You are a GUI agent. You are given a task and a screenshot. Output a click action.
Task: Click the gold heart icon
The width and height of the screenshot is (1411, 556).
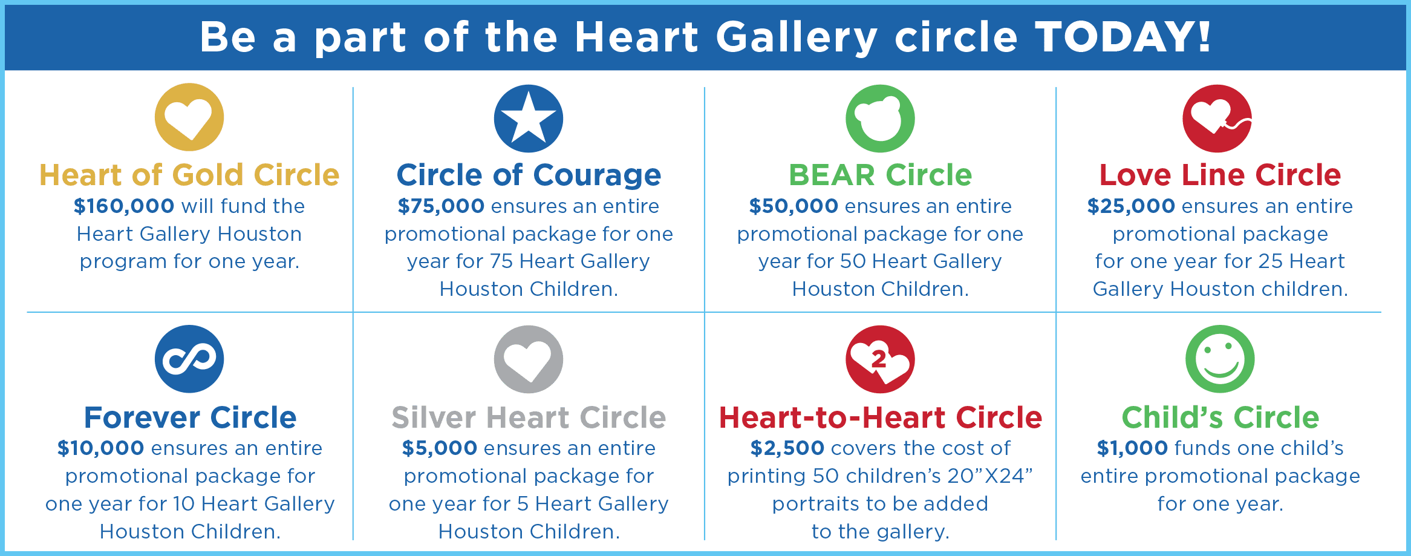(x=189, y=117)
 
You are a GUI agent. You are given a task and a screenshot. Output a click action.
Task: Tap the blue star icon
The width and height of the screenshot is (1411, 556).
(x=529, y=119)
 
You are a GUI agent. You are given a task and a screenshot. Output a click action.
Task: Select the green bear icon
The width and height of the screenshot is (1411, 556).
(x=880, y=119)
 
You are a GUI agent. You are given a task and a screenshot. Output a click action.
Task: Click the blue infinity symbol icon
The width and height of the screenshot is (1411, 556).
(x=189, y=359)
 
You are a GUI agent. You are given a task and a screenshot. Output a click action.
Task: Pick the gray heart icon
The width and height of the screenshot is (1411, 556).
(x=529, y=359)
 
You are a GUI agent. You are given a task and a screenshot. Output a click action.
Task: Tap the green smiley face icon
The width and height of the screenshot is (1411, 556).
(x=1220, y=359)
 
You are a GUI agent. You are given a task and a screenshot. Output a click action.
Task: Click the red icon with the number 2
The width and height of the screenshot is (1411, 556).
(x=880, y=359)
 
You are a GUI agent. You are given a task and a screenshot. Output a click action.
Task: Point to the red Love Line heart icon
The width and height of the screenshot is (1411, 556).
(x=1217, y=119)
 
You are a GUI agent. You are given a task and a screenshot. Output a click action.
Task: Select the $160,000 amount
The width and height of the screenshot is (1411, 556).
(x=124, y=206)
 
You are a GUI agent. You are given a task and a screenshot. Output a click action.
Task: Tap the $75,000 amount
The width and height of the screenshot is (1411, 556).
(x=441, y=206)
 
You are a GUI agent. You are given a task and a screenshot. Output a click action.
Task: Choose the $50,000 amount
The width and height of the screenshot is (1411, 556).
(x=793, y=206)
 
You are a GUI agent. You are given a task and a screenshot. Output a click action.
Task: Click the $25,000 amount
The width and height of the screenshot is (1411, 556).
(x=1131, y=206)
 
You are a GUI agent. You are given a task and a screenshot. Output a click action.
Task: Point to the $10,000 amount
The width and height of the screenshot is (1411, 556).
(x=100, y=448)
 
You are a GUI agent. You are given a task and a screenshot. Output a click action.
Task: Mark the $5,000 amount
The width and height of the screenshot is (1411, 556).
(x=440, y=448)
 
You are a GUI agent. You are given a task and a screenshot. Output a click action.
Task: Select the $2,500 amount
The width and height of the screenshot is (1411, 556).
(x=787, y=448)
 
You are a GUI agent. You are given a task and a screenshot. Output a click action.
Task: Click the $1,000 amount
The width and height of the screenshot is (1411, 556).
(x=1133, y=448)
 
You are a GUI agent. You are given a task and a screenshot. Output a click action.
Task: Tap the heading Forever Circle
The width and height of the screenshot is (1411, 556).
(x=191, y=417)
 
